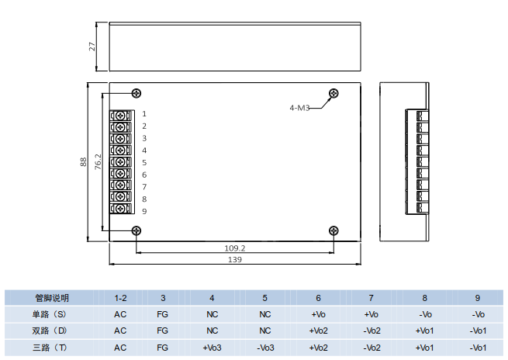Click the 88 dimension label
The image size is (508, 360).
click(x=84, y=162)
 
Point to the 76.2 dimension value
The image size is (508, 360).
click(x=98, y=162)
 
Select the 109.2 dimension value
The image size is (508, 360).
click(x=234, y=248)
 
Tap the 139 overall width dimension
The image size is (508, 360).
click(x=235, y=260)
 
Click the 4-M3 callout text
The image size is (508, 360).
click(x=299, y=108)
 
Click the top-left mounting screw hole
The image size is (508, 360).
click(x=137, y=93)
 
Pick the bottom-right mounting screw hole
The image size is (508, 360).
click(x=333, y=230)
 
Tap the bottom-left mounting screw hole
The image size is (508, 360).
click(x=137, y=230)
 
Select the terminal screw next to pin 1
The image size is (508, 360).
click(x=120, y=115)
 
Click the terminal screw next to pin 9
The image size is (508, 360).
click(x=120, y=209)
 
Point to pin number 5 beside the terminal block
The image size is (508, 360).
click(x=144, y=162)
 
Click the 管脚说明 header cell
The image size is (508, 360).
click(x=51, y=298)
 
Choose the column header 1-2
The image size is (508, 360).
click(x=120, y=298)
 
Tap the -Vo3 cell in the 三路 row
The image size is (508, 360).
click(x=264, y=347)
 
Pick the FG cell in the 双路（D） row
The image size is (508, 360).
click(x=162, y=331)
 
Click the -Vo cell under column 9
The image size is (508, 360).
click(x=478, y=314)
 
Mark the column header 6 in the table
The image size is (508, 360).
click(x=318, y=298)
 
